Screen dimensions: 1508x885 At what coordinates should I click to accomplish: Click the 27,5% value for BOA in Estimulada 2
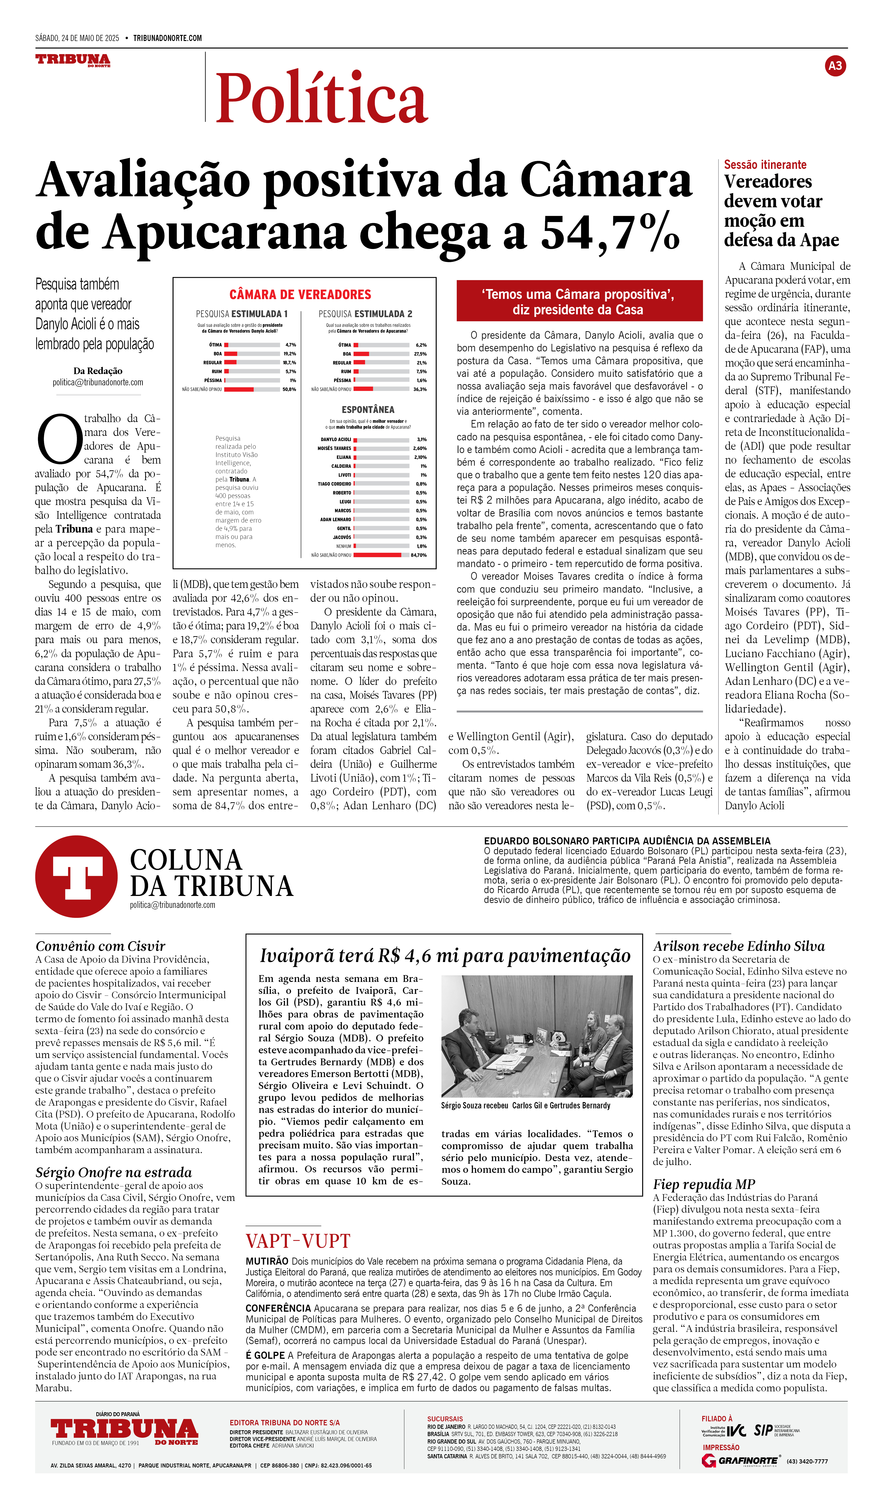tap(420, 354)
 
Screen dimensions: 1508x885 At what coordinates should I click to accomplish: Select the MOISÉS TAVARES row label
tap(334, 448)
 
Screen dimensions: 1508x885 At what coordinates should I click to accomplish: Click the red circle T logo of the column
tap(77, 877)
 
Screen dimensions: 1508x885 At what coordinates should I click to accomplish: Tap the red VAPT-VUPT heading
tap(298, 1241)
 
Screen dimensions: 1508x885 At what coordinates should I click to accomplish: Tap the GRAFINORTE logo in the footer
tap(741, 1461)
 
